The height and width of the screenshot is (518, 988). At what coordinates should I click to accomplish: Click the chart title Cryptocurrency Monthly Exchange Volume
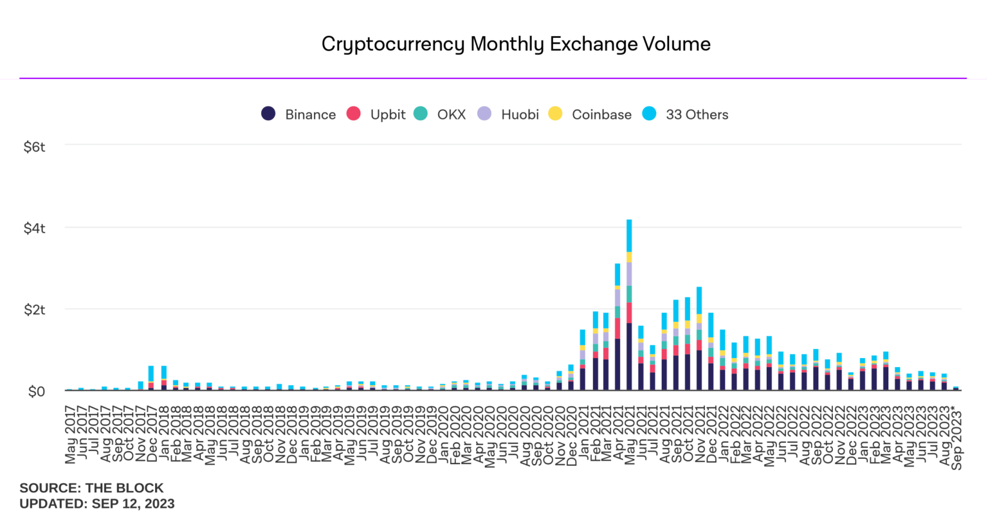(x=516, y=44)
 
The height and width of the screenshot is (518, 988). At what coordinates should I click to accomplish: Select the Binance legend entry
(x=299, y=114)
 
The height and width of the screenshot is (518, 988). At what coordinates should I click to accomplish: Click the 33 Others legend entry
(x=686, y=114)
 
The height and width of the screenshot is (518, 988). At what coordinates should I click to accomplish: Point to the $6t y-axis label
(x=35, y=147)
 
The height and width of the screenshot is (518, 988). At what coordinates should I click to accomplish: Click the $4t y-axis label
(x=35, y=229)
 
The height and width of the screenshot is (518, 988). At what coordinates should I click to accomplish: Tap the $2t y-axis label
(x=35, y=310)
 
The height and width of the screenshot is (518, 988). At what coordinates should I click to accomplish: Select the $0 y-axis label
(x=37, y=391)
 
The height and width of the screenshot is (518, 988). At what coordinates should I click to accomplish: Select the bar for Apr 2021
(x=617, y=328)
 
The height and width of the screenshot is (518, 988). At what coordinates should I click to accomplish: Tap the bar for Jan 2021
(x=583, y=360)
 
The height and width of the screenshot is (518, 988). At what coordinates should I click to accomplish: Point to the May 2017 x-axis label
(x=70, y=434)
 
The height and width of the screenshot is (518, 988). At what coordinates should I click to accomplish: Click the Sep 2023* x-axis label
(x=957, y=437)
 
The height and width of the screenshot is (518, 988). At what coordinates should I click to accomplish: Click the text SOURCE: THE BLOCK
(x=91, y=488)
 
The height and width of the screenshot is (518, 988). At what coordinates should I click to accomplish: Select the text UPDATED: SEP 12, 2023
(x=97, y=503)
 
